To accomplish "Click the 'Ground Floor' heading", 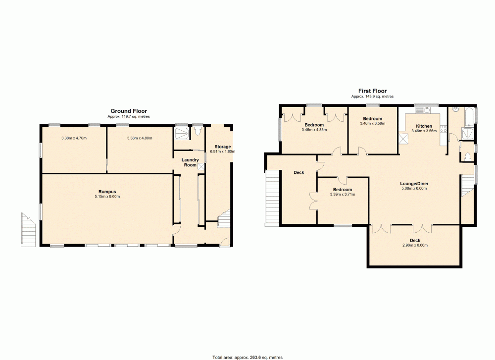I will pyautogui.click(x=128, y=111).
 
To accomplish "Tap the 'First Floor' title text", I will pyautogui.click(x=372, y=91).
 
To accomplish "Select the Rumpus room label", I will pyautogui.click(x=107, y=191).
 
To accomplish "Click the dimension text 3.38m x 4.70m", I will pyautogui.click(x=73, y=138).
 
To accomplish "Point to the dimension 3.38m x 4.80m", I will pyautogui.click(x=140, y=138).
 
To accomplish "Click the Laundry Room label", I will pyautogui.click(x=190, y=162).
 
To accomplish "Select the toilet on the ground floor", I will pyautogui.click(x=198, y=131).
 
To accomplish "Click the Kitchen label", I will pyautogui.click(x=424, y=126).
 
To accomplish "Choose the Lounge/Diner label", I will pyautogui.click(x=414, y=183).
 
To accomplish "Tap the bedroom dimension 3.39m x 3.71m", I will pyautogui.click(x=342, y=195).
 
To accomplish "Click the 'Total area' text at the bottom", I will pyautogui.click(x=247, y=357).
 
